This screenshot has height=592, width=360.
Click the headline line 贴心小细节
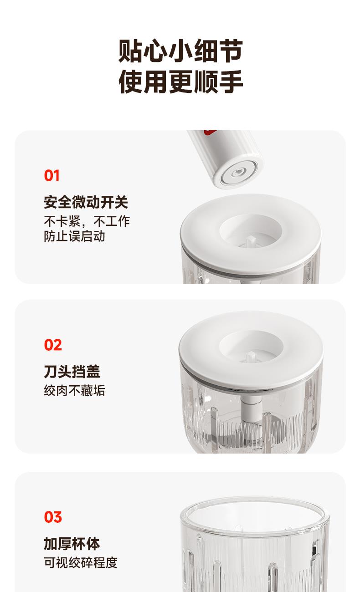pyautogui.click(x=180, y=51)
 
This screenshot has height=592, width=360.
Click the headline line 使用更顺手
pyautogui.click(x=180, y=82)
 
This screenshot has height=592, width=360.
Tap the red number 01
pyautogui.click(x=51, y=175)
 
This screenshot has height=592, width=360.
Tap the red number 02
pyautogui.click(x=53, y=345)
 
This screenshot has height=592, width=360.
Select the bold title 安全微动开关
pyautogui.click(x=86, y=202)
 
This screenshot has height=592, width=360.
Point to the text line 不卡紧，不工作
pyautogui.click(x=87, y=221)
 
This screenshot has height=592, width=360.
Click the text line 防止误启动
pyautogui.click(x=74, y=236)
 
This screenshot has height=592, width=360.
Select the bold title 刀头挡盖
pyautogui.click(x=72, y=372)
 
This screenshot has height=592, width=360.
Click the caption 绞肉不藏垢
pyautogui.click(x=74, y=391)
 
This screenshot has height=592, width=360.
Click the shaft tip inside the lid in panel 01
pyautogui.click(x=250, y=240)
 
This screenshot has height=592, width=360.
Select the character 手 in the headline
pyautogui.click(x=231, y=82)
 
